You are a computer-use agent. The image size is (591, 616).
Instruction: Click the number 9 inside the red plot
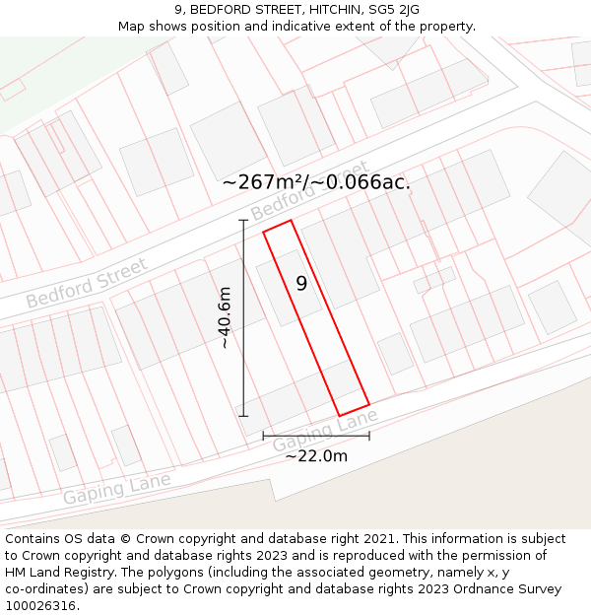(301, 283)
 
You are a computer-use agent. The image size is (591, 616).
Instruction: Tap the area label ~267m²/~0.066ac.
(316, 181)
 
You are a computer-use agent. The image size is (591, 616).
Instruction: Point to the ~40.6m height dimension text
(225, 317)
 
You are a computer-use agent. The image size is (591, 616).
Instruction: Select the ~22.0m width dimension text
(316, 455)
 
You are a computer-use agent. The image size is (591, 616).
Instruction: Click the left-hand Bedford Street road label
(87, 282)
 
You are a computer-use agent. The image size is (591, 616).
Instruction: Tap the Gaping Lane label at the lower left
(116, 489)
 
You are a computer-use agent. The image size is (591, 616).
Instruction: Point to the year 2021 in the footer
(379, 539)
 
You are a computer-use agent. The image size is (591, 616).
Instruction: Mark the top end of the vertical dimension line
(243, 219)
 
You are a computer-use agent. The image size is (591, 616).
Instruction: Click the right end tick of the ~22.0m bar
(369, 435)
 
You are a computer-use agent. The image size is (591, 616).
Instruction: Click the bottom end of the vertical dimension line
(243, 416)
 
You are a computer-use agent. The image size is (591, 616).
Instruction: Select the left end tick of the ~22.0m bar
(263, 435)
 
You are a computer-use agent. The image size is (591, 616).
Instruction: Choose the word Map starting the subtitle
(131, 26)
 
